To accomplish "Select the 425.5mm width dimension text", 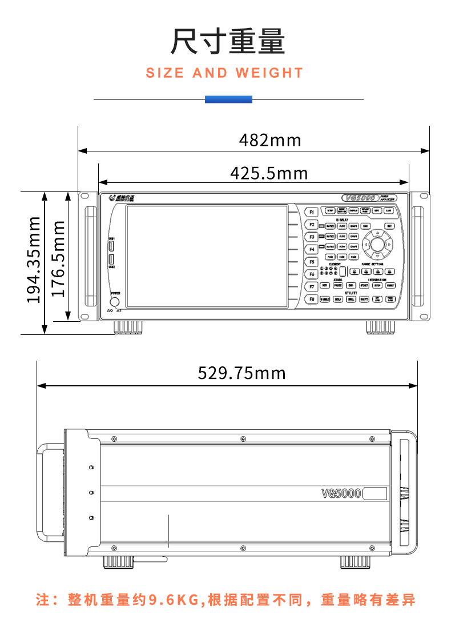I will tap(268, 173).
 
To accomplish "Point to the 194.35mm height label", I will tap(34, 259).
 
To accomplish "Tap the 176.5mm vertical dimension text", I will tap(59, 259).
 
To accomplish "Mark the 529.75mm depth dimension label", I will tap(241, 373).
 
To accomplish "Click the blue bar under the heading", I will tap(228, 99).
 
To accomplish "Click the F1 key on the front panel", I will tap(312, 212).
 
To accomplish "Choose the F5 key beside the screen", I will tap(312, 262).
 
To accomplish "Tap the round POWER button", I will tap(115, 301).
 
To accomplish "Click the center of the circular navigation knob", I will tap(377, 244).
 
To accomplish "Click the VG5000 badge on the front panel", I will tap(359, 197).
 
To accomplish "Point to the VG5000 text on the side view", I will tap(341, 493).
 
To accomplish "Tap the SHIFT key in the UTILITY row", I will tap(364, 299).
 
